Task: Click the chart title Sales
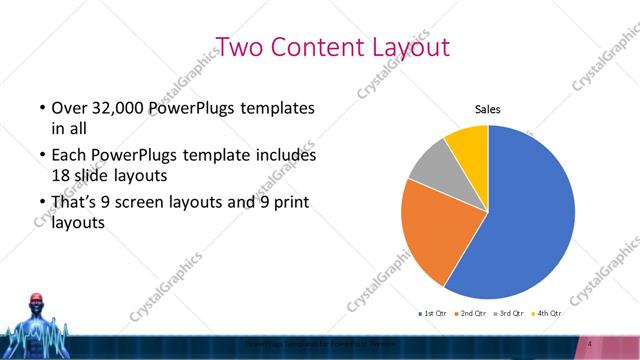tap(487, 110)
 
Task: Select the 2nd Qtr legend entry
tap(473, 313)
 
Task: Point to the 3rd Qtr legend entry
tap(512, 313)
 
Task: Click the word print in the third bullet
tap(291, 204)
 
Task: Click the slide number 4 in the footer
tap(592, 345)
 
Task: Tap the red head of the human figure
tap(37, 301)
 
